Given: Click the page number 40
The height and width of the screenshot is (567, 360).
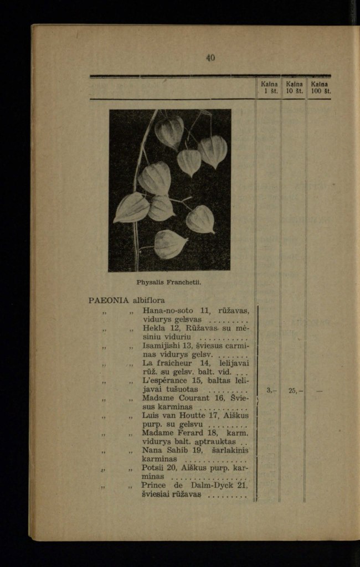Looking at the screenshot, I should tap(210, 58).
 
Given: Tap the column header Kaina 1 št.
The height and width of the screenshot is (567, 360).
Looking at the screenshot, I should tap(269, 87).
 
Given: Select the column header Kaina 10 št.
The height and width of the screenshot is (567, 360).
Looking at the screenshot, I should tap(294, 87).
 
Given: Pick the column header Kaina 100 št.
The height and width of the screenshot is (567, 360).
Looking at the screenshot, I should tap(320, 87).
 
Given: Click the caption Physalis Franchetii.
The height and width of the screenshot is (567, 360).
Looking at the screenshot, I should tap(169, 282).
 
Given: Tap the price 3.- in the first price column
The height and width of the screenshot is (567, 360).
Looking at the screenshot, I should tap(270, 390).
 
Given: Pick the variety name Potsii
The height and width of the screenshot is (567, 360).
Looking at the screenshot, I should tap(155, 468).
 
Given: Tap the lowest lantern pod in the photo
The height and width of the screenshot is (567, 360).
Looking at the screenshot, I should tap(170, 244).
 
